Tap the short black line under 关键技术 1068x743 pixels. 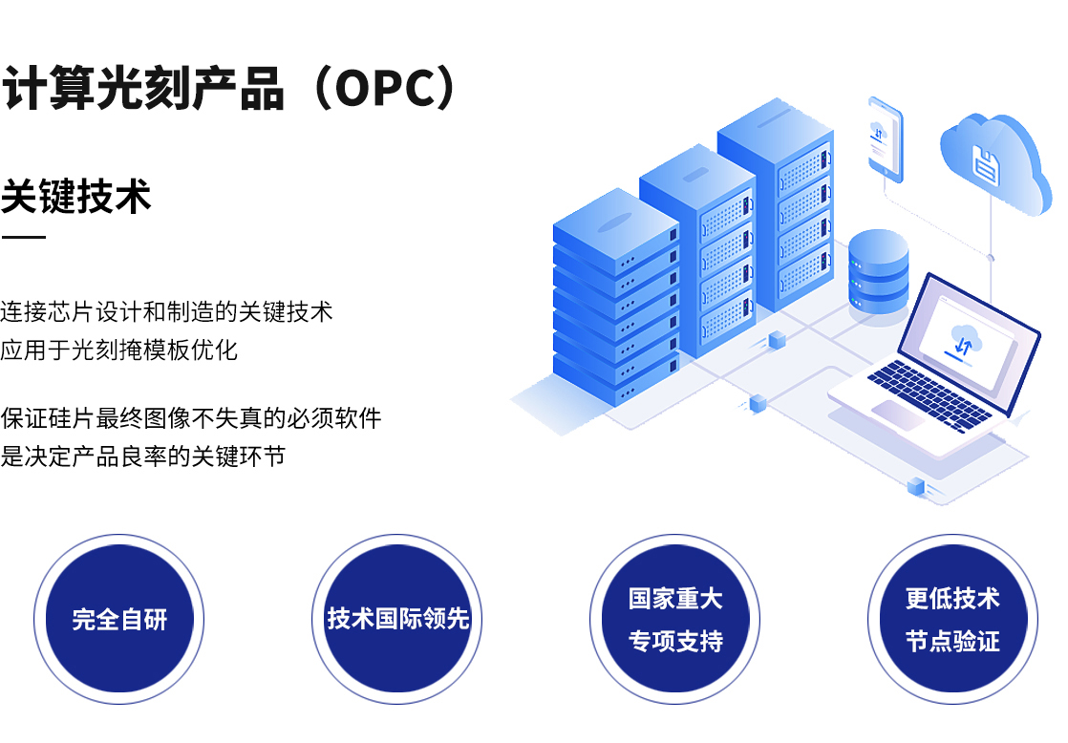[23, 236]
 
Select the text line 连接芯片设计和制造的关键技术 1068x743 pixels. [166, 310]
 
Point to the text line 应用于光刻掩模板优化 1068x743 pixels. [118, 350]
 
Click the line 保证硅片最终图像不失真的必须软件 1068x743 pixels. [190, 417]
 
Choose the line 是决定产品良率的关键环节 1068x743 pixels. [142, 456]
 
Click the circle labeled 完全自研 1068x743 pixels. [119, 619]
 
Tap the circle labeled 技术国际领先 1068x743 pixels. [397, 619]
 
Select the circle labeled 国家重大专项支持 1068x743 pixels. [675, 619]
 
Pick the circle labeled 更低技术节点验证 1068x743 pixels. [952, 619]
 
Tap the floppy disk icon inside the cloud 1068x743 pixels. [986, 164]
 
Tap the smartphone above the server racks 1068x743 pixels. [885, 138]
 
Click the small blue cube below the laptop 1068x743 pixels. [916, 485]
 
